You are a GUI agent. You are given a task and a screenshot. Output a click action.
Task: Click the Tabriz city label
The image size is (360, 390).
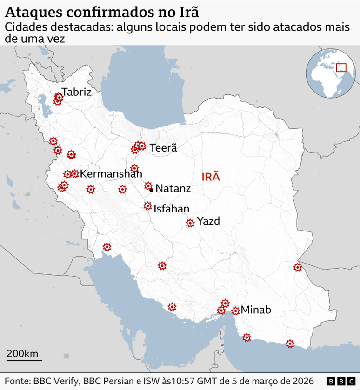click(76, 92)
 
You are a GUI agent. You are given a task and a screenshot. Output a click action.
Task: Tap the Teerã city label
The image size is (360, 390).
click(163, 148)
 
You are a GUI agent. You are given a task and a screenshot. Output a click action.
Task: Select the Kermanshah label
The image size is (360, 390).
click(111, 174)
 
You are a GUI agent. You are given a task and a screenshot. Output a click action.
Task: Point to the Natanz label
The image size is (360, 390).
click(173, 188)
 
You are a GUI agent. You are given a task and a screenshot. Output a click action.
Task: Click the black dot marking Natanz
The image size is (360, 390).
click(152, 190)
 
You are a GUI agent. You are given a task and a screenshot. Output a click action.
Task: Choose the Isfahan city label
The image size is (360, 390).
click(172, 209)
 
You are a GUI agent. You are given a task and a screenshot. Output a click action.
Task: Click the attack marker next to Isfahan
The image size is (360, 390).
click(148, 205)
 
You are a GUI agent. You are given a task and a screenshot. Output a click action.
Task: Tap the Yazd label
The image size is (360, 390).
click(208, 221)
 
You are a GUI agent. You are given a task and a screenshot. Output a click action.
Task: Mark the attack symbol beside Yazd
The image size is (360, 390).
click(190, 223)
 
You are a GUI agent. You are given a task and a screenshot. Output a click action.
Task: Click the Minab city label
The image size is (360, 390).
click(256, 310)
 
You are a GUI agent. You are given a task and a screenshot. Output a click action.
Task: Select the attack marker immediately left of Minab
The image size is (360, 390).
click(235, 311)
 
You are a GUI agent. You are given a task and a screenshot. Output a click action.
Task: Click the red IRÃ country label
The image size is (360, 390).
click(211, 177)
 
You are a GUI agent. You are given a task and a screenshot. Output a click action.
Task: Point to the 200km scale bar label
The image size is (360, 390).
click(22, 353)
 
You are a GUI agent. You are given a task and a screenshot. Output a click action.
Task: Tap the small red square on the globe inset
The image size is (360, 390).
click(341, 67)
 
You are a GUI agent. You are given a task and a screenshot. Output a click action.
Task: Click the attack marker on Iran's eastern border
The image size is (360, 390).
click(297, 267)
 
